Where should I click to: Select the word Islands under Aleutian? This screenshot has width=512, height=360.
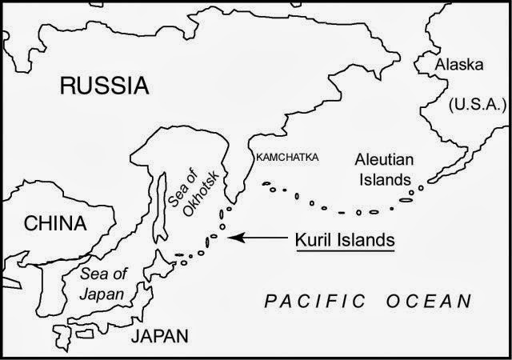[384, 179]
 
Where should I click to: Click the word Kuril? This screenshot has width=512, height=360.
[314, 238]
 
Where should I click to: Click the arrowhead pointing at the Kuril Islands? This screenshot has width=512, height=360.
[234, 238]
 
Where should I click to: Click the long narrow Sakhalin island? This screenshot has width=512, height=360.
[160, 200]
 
